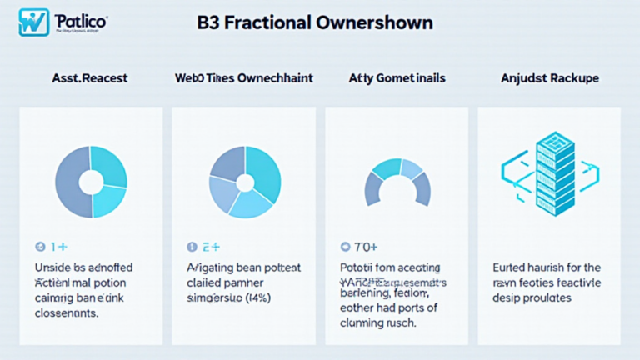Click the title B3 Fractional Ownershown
coord(315,22)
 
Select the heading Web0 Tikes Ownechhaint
coord(243,78)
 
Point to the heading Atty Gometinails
coord(396,78)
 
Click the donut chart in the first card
coord(91,181)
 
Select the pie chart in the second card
coord(244,181)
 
